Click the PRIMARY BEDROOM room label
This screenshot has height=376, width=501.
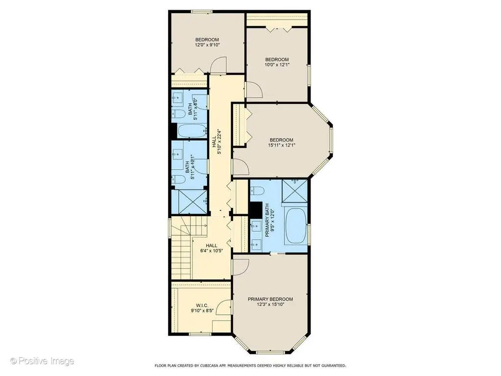pos(270,299)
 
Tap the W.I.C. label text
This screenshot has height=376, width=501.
pos(202,306)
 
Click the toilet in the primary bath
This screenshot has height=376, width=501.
pos(257,191)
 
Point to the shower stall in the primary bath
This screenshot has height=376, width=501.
pos(294,191)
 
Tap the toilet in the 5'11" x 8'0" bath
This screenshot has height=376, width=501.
pos(178,114)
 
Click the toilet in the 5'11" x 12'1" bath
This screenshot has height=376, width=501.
pos(178,179)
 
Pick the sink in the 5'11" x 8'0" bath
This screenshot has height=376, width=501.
pos(177,97)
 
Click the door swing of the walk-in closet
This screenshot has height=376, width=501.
pos(223,307)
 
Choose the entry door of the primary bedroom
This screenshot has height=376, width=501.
pos(241,266)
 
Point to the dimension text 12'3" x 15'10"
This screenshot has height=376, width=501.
pos(270,305)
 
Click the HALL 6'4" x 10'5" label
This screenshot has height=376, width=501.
pos(211,248)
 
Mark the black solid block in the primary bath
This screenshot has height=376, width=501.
pos(255,209)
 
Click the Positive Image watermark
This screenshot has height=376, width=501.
pos(42,361)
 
